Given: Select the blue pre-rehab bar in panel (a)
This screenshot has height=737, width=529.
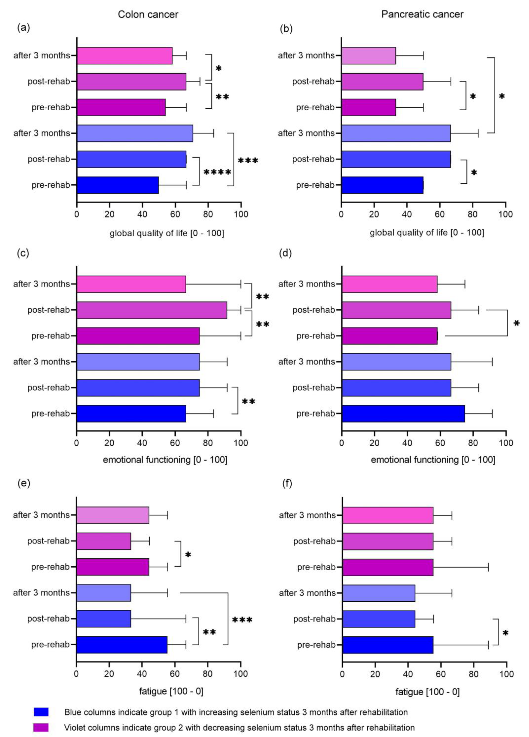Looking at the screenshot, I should (118, 185).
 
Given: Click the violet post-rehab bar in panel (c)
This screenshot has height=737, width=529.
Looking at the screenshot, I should (152, 310).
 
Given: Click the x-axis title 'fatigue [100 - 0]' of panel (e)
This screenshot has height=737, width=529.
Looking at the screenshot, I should (171, 691).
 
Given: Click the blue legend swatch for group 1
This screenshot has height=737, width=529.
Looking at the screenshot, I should (41, 712).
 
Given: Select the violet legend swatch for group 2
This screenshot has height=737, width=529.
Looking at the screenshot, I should (41, 727).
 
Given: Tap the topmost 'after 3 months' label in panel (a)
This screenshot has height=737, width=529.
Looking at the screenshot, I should (42, 56).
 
